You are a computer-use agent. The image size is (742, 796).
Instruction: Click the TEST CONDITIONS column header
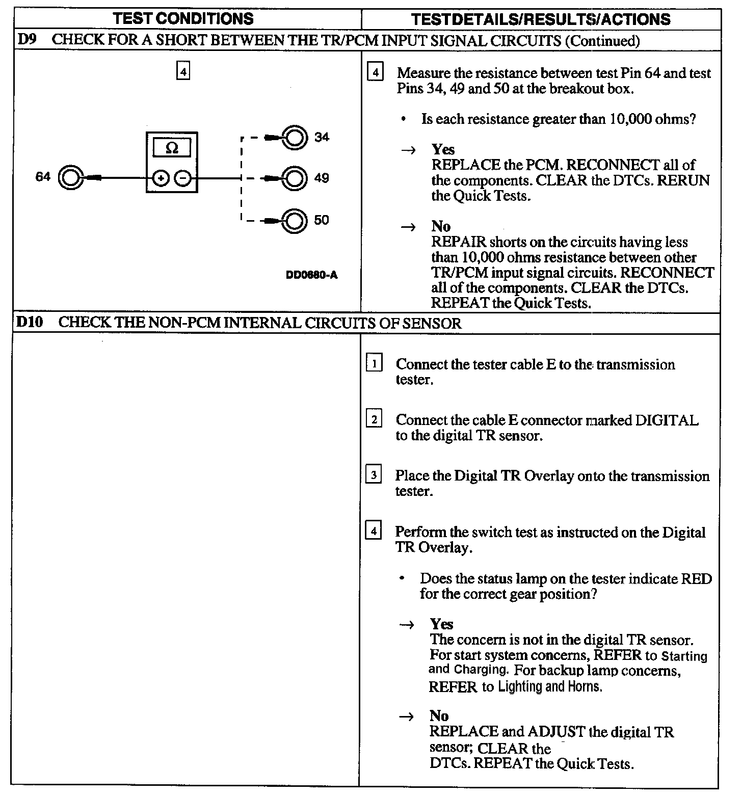[183, 19]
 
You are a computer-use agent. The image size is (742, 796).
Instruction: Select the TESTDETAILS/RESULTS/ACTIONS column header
[541, 19]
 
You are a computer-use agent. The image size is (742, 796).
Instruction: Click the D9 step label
[26, 40]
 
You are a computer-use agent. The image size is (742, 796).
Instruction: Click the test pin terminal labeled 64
[70, 177]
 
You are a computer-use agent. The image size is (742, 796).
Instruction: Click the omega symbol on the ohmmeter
[172, 148]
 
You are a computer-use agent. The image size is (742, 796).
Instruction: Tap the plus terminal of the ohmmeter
[161, 178]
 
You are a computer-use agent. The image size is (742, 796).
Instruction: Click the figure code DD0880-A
[311, 275]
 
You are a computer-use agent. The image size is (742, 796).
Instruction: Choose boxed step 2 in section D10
[374, 419]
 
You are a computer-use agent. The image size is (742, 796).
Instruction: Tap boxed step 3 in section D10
[374, 475]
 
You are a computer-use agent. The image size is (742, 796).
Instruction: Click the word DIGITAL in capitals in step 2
[666, 420]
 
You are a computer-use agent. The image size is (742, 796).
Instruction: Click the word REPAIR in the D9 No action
[459, 242]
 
